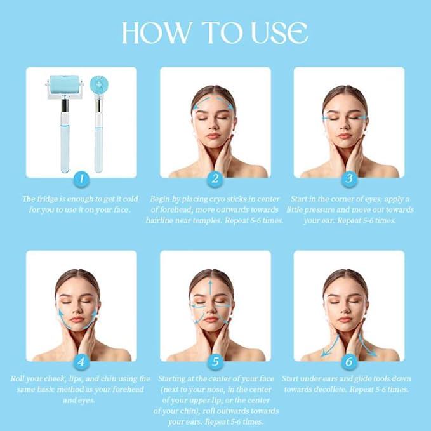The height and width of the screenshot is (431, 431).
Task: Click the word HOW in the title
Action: (x=157, y=33)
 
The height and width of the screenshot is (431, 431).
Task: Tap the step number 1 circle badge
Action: (x=81, y=178)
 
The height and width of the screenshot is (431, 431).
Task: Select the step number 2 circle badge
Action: (x=215, y=178)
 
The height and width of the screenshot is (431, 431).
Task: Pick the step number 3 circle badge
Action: (x=349, y=178)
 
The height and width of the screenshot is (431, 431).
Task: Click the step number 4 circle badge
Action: (x=81, y=362)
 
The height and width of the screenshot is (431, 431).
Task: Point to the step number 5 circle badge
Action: (x=216, y=362)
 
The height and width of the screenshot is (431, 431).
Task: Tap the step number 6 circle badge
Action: (x=349, y=362)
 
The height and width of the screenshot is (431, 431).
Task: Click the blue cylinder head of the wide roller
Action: (x=65, y=84)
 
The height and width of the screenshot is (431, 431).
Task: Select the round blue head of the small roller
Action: (x=99, y=84)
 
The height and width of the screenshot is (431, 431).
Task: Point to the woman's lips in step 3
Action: (x=344, y=136)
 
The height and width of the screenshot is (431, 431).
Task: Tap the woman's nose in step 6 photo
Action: (x=345, y=310)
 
